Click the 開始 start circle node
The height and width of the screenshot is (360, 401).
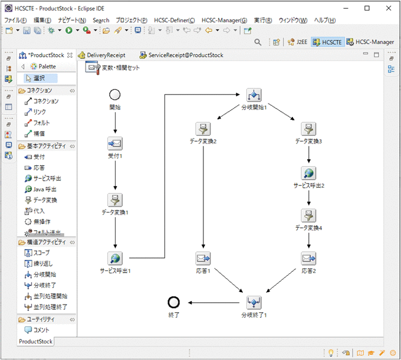(115, 94)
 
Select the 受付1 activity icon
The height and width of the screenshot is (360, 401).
(115, 143)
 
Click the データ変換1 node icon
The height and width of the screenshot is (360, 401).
(115, 199)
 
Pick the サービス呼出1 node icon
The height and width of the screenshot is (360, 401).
(115, 258)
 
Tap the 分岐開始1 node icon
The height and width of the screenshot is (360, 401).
(254, 95)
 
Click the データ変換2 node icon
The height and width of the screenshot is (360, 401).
(203, 129)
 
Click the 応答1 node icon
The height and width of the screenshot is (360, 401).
(203, 258)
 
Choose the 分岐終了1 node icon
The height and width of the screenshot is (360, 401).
(254, 302)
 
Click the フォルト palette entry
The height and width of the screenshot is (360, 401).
(41, 123)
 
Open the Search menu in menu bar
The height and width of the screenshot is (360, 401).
(101, 20)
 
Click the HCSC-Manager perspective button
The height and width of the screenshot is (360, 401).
(370, 42)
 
